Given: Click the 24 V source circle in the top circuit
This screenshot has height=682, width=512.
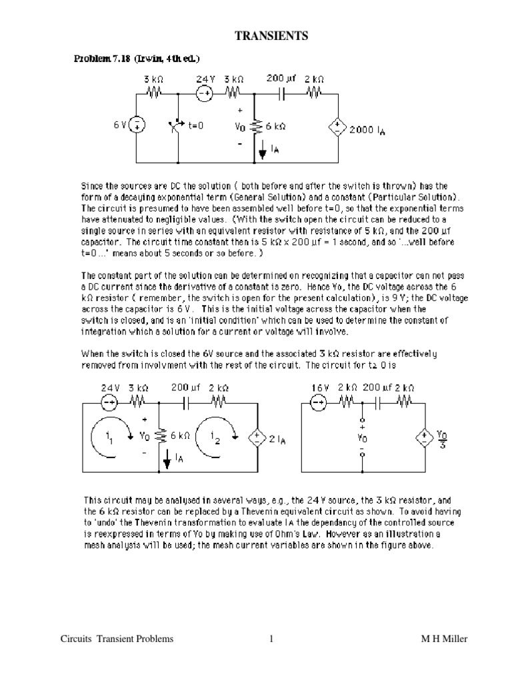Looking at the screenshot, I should coord(204,94).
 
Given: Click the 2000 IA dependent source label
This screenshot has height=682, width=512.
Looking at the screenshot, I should coord(367,131).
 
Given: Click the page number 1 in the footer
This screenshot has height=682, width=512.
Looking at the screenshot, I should coord(271,639).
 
